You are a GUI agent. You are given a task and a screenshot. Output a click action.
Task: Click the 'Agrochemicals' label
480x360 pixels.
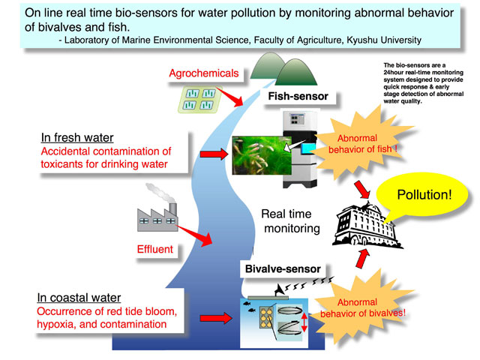coord(204,73)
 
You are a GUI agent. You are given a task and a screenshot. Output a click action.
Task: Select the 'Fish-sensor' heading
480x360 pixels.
coord(299,97)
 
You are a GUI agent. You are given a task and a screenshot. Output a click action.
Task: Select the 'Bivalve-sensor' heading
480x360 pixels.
coord(281,268)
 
